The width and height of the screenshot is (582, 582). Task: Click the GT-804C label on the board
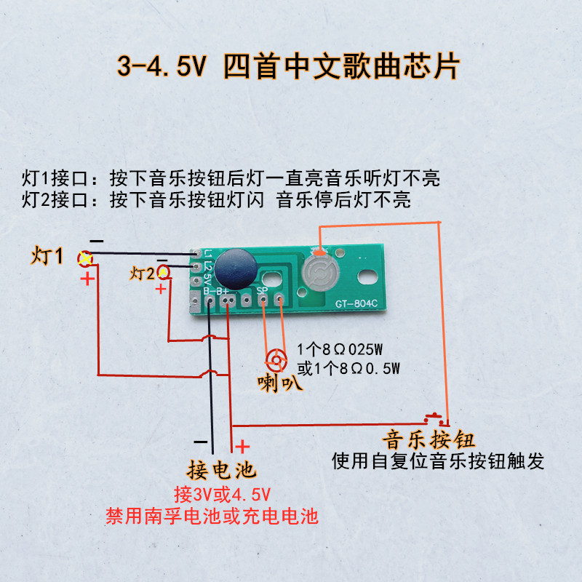click(356, 303)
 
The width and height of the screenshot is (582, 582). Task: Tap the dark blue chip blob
click(236, 269)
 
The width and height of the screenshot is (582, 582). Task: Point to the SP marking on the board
click(262, 290)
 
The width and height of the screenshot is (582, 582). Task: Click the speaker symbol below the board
click(276, 360)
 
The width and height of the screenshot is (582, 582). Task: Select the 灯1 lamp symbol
click(85, 258)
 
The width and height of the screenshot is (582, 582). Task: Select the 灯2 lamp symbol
click(163, 272)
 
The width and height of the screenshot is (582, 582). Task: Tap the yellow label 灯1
click(47, 256)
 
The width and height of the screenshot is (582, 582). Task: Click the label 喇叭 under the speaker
click(280, 383)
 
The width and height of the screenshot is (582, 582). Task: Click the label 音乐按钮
click(428, 440)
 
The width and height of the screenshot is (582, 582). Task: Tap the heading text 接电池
click(222, 470)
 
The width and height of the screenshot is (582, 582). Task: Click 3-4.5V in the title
click(162, 66)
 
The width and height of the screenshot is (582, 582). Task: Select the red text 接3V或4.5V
click(223, 495)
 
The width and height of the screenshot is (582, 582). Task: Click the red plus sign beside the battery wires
click(242, 447)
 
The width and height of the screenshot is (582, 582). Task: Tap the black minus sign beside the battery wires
click(201, 442)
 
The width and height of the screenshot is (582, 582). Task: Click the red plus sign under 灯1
click(87, 279)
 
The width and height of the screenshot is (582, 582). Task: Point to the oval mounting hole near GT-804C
click(367, 276)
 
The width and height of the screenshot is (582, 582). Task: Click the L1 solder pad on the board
click(196, 253)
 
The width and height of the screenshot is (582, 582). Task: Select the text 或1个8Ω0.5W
click(348, 369)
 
